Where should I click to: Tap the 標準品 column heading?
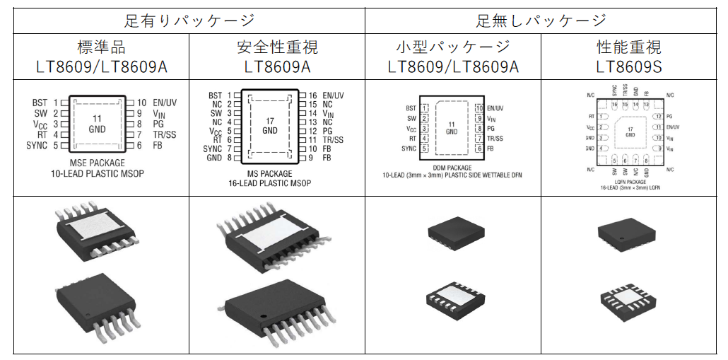pos(101,47)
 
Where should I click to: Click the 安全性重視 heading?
pos(277,47)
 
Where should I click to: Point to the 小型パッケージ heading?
pos(452,47)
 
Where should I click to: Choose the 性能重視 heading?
pos(629,47)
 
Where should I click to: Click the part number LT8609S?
pos(629,67)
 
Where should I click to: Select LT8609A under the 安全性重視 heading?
pos(277,67)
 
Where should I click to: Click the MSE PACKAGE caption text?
pos(98,163)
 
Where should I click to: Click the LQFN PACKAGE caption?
pos(630,180)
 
